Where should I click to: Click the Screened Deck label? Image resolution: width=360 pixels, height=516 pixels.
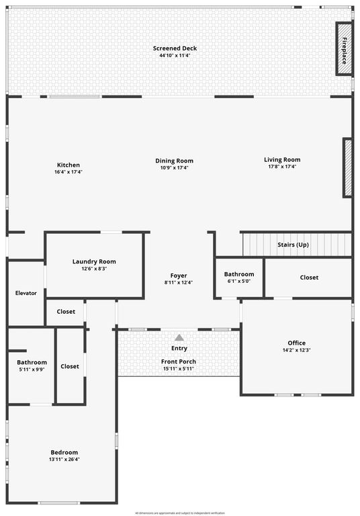[175, 48]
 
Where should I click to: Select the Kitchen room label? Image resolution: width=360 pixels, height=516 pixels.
[68, 165]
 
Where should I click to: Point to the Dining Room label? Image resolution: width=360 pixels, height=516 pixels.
[175, 161]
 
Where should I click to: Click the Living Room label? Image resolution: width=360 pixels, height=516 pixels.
[282, 160]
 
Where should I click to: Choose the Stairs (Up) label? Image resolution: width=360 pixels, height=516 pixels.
[293, 245]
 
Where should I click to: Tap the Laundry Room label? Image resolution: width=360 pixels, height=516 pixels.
[94, 261]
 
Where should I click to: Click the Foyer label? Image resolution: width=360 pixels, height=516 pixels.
[179, 275]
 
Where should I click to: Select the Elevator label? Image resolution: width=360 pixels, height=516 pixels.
[26, 293]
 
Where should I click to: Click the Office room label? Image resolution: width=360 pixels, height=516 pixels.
[296, 343]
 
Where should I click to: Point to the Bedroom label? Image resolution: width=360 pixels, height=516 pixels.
[64, 452]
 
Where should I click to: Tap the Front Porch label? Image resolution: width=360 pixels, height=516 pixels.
[179, 361]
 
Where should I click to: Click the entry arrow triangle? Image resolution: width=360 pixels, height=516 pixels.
[179, 338]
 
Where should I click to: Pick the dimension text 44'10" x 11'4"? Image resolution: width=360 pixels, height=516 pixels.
[175, 56]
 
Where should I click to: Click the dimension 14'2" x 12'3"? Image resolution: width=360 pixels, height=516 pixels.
[296, 350]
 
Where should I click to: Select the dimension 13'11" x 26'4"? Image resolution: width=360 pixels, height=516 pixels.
[64, 460]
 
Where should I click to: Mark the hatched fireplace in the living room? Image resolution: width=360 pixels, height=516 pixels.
[348, 167]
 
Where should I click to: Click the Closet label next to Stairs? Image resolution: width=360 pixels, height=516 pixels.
[309, 277]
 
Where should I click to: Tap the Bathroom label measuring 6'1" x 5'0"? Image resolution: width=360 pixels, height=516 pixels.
[239, 274]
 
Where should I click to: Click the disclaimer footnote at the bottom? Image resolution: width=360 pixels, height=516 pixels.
[180, 513]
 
